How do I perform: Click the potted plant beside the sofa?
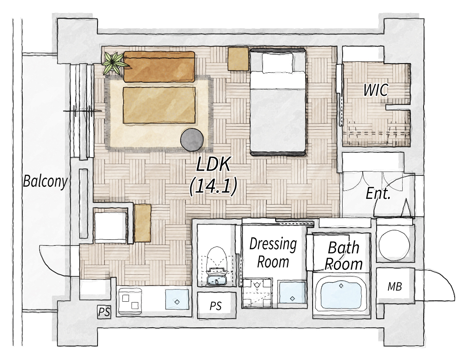pyautogui.click(x=113, y=63)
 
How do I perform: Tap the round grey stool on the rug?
pyautogui.click(x=192, y=139)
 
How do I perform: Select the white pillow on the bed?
pyautogui.click(x=277, y=63)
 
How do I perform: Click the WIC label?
pyautogui.click(x=375, y=90)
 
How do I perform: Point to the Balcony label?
pyautogui.click(x=45, y=182)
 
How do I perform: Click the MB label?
pyautogui.click(x=394, y=286)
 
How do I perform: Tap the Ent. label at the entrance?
pyautogui.click(x=378, y=194)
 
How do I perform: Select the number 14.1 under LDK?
pyautogui.click(x=214, y=186)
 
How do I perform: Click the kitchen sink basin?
pyautogui.click(x=177, y=299)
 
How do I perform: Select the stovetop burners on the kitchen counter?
pyautogui.click(x=131, y=302)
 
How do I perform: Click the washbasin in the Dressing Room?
pyautogui.click(x=292, y=293)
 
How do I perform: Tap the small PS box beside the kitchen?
pyautogui.click(x=104, y=312)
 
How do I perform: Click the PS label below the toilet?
pyautogui.click(x=216, y=306)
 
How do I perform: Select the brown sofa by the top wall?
pyautogui.click(x=159, y=67)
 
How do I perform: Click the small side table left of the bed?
pyautogui.click(x=238, y=59)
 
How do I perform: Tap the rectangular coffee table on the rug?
pyautogui.click(x=159, y=105)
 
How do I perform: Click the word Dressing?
pyautogui.click(x=273, y=244)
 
